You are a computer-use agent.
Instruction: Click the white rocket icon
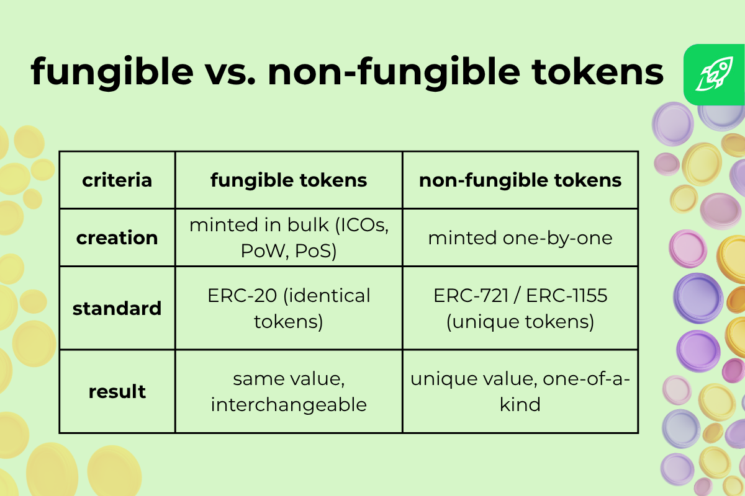coord(715,74)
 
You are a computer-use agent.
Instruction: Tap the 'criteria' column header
coord(117,180)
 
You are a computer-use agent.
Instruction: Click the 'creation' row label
coord(117,238)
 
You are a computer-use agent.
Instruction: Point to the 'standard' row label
coord(117,308)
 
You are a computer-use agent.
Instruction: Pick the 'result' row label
coord(117,392)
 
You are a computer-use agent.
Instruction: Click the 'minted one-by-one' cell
coord(520,239)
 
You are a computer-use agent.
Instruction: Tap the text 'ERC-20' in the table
coord(242,296)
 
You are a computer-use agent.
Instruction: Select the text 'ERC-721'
coord(471,296)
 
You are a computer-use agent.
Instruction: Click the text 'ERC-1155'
coord(567,296)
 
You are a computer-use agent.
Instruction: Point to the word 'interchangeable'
coord(289,405)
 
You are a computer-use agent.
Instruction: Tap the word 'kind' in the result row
coord(520,404)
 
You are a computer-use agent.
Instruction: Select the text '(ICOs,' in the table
coord(362,226)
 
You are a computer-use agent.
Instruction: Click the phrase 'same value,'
coord(289,379)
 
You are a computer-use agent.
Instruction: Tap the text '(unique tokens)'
coord(520,322)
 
